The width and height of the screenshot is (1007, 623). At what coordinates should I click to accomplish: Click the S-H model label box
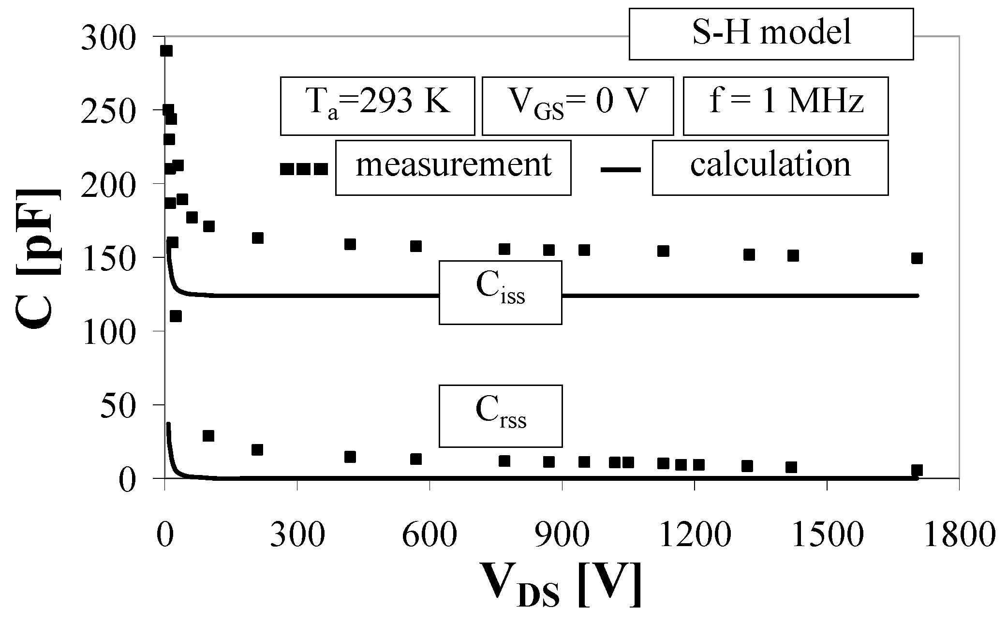(771, 33)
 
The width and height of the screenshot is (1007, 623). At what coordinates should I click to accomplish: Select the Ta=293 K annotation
(377, 105)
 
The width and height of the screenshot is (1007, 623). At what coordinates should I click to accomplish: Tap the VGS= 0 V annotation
(578, 105)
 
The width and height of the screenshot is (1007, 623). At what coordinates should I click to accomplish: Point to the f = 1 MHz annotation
(785, 105)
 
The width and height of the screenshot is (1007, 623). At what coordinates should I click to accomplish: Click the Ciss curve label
(500, 292)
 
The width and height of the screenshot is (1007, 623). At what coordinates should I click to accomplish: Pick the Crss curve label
(500, 416)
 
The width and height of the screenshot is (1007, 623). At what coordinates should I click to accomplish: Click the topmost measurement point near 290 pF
(166, 51)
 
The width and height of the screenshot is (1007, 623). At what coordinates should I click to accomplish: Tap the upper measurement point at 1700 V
(917, 258)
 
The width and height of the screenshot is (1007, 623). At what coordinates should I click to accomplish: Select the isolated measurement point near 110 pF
(176, 316)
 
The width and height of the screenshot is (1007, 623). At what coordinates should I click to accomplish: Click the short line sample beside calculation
(621, 169)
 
